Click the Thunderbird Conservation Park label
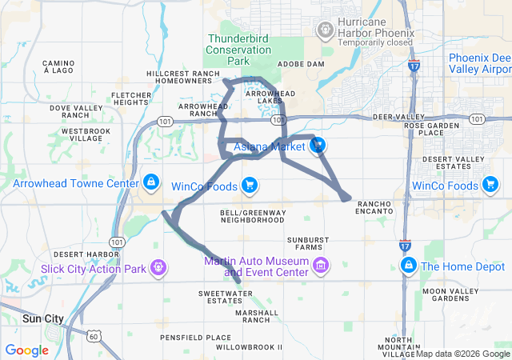(x=238, y=49)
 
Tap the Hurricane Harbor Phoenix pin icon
(x=326, y=30)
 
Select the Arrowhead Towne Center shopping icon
(x=150, y=183)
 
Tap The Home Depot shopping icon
(x=408, y=265)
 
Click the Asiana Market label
(x=269, y=146)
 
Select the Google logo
(x=27, y=350)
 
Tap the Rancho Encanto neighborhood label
(x=374, y=206)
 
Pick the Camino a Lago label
(x=58, y=66)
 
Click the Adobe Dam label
(x=301, y=63)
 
